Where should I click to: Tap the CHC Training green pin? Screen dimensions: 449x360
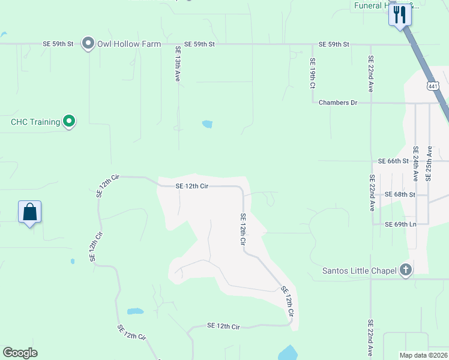(x=69, y=122)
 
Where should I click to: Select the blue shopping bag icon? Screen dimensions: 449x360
(x=29, y=212)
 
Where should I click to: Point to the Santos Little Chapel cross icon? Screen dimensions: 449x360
(x=406, y=270)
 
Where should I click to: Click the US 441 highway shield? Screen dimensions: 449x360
(x=433, y=86)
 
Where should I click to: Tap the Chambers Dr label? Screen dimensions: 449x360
(x=338, y=103)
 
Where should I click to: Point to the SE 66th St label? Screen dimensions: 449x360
(x=393, y=161)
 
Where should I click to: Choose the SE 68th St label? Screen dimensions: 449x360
(x=400, y=194)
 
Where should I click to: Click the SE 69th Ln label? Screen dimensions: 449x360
(x=401, y=224)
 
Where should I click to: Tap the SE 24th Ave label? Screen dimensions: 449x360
(x=415, y=163)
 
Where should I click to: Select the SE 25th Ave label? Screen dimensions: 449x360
(x=429, y=163)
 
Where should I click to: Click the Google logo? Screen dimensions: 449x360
(x=20, y=353)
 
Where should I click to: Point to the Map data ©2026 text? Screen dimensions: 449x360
(x=423, y=355)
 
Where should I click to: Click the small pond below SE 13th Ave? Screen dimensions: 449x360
(x=207, y=124)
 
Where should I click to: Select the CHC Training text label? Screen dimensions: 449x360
(x=35, y=122)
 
